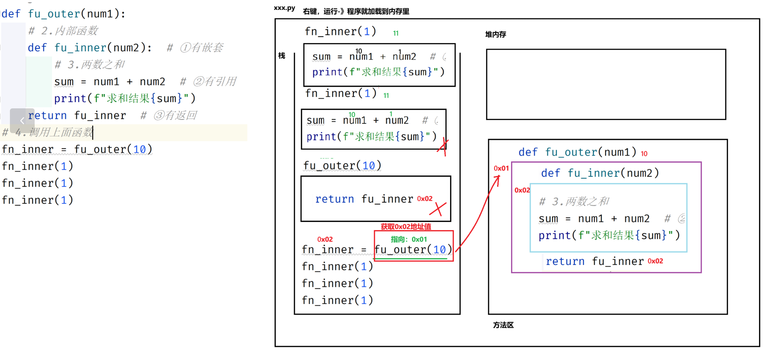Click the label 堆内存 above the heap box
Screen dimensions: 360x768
[495, 34]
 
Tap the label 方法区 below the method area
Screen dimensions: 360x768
[503, 325]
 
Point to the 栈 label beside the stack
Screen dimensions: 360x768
[281, 56]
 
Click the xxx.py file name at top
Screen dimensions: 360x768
[284, 8]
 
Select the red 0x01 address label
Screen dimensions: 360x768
[501, 168]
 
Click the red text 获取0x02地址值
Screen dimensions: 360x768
[406, 227]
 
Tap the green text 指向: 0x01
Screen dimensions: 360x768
[409, 239]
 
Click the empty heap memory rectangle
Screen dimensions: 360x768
[606, 84]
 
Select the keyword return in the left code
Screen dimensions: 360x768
[47, 115]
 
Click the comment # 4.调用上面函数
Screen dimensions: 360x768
[48, 132]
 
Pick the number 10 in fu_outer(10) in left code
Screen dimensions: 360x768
[139, 150]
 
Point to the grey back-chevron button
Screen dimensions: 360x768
[22, 120]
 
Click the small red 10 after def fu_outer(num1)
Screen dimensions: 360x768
[644, 154]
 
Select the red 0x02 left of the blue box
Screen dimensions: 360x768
[522, 190]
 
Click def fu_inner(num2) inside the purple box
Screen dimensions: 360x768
[600, 173]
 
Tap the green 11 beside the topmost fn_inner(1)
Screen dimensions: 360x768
[396, 33]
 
